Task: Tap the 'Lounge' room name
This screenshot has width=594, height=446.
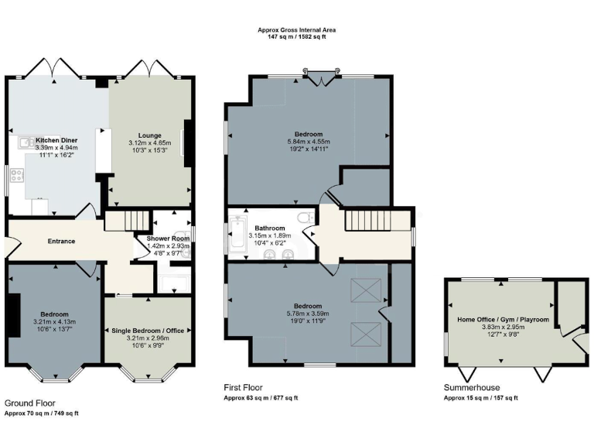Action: pyautogui.click(x=149, y=135)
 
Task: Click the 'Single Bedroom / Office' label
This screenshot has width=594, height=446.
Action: pyautogui.click(x=147, y=331)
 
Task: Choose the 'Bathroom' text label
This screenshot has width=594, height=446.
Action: pyautogui.click(x=269, y=228)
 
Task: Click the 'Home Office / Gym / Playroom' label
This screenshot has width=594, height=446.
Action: pyautogui.click(x=503, y=319)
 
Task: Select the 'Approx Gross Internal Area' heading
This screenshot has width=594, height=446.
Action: pyautogui.click(x=297, y=30)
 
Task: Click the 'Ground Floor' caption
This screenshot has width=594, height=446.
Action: pyautogui.click(x=29, y=403)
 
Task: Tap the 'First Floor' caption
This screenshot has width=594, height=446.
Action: pyautogui.click(x=243, y=387)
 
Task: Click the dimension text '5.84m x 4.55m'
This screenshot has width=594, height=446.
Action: pyautogui.click(x=308, y=142)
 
